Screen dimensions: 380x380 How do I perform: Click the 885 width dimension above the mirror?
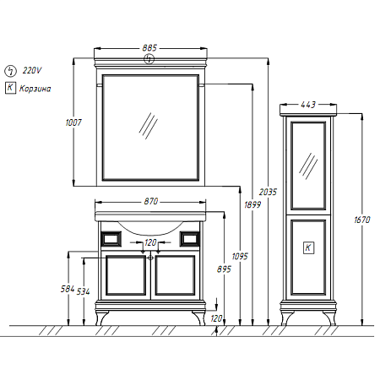pos(149,48)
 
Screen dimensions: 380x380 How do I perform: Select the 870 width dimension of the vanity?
pos(151,201)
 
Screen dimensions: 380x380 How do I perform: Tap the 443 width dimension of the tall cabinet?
pos(308,105)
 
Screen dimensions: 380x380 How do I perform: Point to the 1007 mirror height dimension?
pos(73,122)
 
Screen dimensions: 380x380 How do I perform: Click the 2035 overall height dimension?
pos(268,192)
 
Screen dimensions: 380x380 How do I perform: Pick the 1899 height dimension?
pos(252,204)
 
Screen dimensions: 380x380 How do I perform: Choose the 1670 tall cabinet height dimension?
pos(362,220)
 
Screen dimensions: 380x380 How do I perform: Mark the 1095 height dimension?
pos(240,257)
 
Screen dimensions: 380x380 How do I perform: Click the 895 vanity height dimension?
pos(224,269)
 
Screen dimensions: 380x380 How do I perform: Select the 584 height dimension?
pos(68,289)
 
